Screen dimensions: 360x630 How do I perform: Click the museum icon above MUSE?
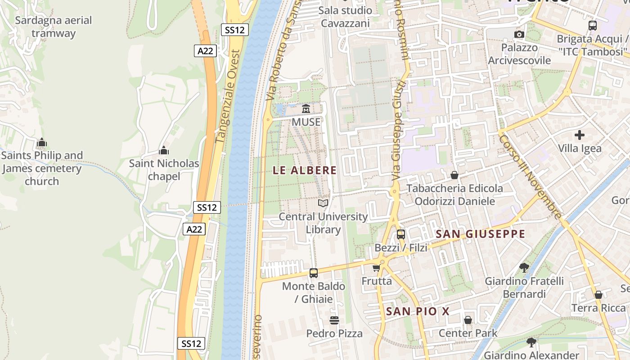[306, 108]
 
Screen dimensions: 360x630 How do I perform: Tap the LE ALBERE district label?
[305, 170]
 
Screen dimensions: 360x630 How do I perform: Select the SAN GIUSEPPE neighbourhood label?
[481, 234]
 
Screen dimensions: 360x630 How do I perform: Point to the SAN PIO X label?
[418, 311]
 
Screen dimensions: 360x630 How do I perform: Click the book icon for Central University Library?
[323, 203]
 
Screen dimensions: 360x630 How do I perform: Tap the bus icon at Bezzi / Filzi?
[400, 234]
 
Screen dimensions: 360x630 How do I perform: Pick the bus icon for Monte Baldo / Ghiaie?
[314, 273]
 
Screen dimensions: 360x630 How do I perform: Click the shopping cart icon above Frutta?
[376, 268]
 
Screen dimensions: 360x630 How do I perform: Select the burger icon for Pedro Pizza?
[334, 320]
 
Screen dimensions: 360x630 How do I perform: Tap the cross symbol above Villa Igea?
[580, 135]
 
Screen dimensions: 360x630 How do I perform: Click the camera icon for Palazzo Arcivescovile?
[519, 34]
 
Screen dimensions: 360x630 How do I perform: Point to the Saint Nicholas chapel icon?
[164, 150]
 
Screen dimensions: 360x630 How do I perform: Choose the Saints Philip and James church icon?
[42, 143]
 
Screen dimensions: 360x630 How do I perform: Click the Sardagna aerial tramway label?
[54, 27]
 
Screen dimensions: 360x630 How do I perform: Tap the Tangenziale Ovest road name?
[229, 97]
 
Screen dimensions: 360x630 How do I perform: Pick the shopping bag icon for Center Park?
[468, 320]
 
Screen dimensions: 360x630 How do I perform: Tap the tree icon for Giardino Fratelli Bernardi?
[524, 268]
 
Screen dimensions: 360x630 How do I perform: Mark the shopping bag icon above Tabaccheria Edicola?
[454, 175]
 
